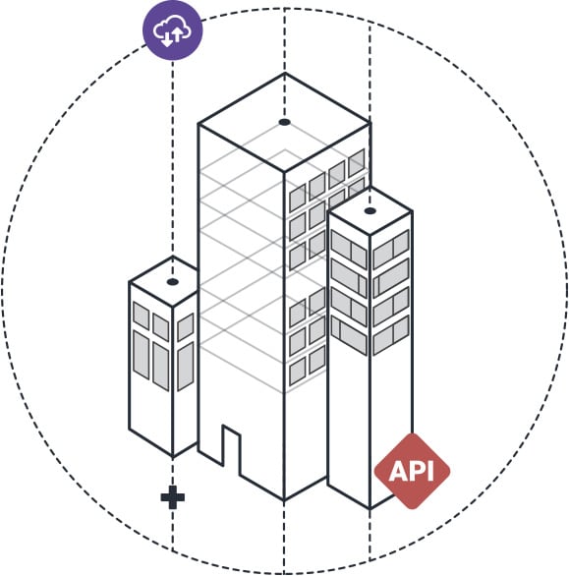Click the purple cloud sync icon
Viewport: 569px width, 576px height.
[173, 30]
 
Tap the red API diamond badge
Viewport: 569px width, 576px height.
[412, 471]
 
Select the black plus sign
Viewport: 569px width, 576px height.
[173, 497]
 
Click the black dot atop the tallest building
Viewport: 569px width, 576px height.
[284, 122]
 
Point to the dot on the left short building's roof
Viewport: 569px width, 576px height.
[173, 282]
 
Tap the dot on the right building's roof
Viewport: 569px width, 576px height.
[370, 211]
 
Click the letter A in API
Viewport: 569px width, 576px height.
[398, 471]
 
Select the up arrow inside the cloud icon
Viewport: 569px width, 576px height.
[177, 35]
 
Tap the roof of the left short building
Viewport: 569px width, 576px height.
[164, 282]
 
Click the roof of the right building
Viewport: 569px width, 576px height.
[370, 211]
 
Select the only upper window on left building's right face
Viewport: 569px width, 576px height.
[186, 327]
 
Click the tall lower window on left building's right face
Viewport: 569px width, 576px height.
[186, 367]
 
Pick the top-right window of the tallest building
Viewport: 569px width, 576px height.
[357, 163]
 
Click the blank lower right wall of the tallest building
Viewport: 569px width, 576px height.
[305, 440]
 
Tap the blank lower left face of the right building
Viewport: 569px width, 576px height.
[348, 423]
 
